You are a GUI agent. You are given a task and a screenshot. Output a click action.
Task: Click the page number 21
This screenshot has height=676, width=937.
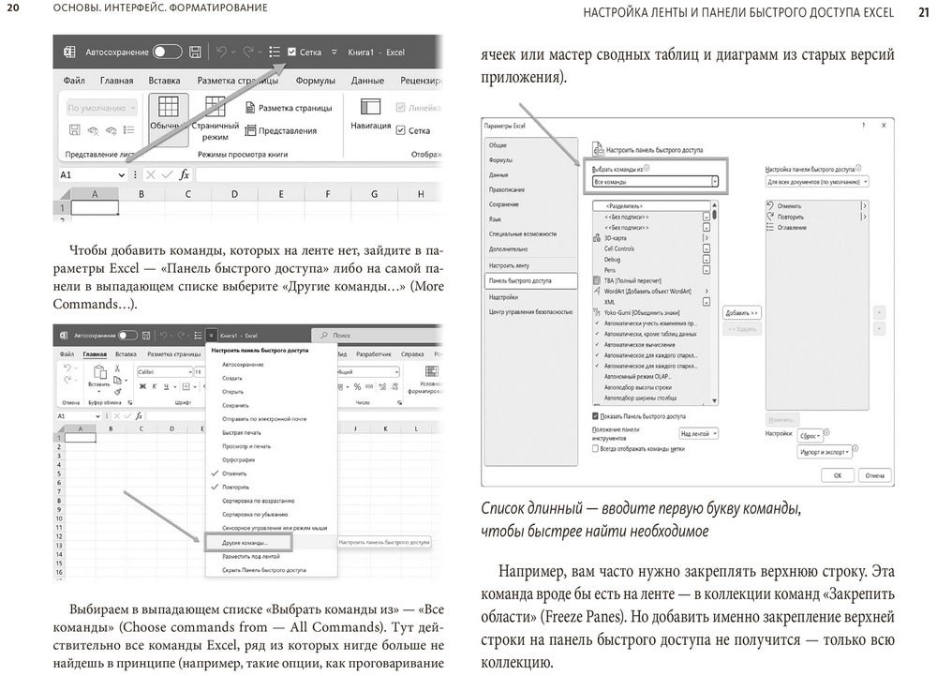[922, 12]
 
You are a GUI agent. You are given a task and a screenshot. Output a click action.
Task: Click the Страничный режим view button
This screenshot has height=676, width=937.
[215, 118]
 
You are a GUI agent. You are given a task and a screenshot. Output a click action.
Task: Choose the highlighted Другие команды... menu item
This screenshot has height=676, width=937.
[247, 542]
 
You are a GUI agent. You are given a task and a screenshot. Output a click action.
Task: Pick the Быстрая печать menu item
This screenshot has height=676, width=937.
[242, 432]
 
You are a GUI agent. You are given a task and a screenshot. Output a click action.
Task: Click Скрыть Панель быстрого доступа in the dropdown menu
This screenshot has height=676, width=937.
[264, 570]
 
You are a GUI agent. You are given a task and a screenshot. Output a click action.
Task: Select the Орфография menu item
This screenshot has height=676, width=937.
[239, 459]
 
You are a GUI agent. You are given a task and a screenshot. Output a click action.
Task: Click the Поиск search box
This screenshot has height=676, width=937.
[375, 335]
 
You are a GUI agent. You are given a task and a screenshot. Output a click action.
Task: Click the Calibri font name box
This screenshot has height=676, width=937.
[165, 372]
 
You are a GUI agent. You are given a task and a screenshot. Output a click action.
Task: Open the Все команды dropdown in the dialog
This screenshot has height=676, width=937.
[655, 181]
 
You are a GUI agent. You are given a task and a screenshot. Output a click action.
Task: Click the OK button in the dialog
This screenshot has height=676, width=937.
[838, 475]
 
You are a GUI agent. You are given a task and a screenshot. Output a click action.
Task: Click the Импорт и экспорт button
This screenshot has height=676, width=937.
[824, 452]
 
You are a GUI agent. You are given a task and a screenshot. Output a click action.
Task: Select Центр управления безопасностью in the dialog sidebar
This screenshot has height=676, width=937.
[530, 311]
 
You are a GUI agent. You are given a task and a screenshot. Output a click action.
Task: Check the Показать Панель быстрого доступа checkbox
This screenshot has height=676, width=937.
[596, 415]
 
